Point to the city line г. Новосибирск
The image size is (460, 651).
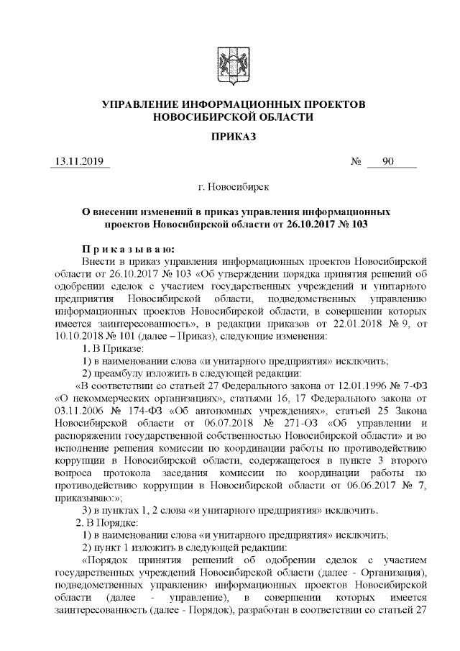[x=234, y=188]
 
